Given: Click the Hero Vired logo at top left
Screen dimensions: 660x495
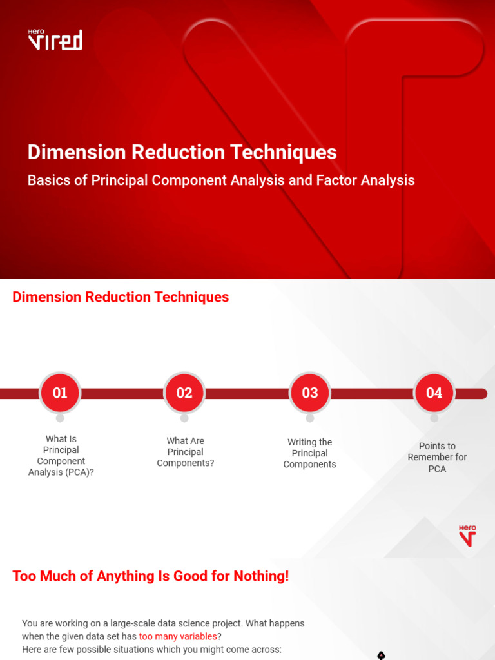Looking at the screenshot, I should (55, 39).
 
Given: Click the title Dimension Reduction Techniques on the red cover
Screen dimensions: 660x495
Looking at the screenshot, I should (182, 152).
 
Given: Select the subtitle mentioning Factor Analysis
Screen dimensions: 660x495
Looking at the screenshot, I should (221, 180).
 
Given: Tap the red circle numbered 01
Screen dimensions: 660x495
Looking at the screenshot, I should (60, 393).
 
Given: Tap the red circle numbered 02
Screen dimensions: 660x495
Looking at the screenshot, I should (184, 393).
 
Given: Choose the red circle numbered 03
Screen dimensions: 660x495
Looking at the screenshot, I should (310, 393).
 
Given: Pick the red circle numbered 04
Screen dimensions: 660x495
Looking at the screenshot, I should (434, 393).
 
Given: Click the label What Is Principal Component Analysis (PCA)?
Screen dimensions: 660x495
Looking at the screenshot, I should (61, 456).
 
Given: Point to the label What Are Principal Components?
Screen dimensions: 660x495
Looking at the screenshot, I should (185, 452).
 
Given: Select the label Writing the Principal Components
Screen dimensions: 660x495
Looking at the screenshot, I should (309, 453).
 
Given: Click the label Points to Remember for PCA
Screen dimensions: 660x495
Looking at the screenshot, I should (437, 457).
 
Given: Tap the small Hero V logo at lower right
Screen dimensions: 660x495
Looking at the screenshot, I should (467, 536).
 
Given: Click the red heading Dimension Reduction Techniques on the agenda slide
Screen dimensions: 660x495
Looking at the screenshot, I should (121, 297).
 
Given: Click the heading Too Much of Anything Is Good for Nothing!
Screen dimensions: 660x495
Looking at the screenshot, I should (151, 576).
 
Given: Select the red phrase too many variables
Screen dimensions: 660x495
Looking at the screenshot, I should (178, 636).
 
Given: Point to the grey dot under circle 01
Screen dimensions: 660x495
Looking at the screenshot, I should (60, 418).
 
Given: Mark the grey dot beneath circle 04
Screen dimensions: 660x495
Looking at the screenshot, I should (434, 418).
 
